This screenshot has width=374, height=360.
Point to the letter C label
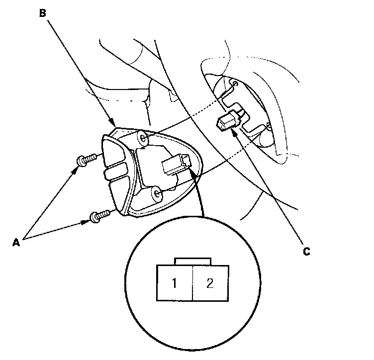pyautogui.click(x=306, y=252)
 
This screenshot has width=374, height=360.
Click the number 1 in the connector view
pyautogui.click(x=174, y=283)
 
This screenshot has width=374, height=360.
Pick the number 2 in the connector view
pyautogui.click(x=210, y=283)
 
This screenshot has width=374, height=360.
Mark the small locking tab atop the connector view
pyautogui.click(x=193, y=261)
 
